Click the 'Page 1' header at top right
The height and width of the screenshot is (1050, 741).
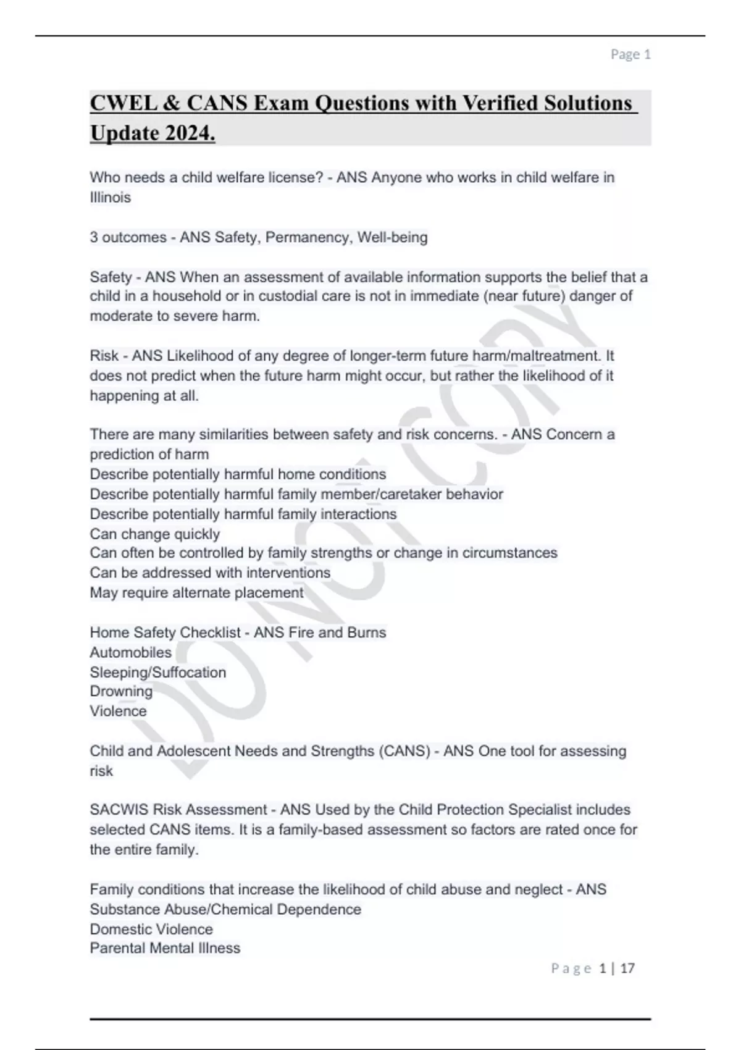click(x=630, y=54)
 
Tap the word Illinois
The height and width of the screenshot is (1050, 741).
click(x=111, y=198)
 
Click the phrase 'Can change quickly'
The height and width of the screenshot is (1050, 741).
click(x=154, y=534)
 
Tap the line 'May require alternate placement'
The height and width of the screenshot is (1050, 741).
click(x=196, y=592)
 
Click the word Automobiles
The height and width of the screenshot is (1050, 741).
click(x=131, y=652)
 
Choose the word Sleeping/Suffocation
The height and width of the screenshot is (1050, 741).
click(x=158, y=672)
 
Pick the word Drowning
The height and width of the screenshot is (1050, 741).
click(x=121, y=691)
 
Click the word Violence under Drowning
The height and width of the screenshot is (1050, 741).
click(x=119, y=711)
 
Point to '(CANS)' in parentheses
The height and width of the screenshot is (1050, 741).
click(x=404, y=751)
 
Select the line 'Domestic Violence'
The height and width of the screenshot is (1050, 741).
click(x=151, y=929)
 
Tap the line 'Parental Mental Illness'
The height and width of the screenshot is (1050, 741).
click(x=165, y=948)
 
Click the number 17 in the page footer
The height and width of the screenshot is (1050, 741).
click(x=627, y=968)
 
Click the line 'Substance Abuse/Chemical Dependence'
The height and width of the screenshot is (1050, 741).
click(x=225, y=909)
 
